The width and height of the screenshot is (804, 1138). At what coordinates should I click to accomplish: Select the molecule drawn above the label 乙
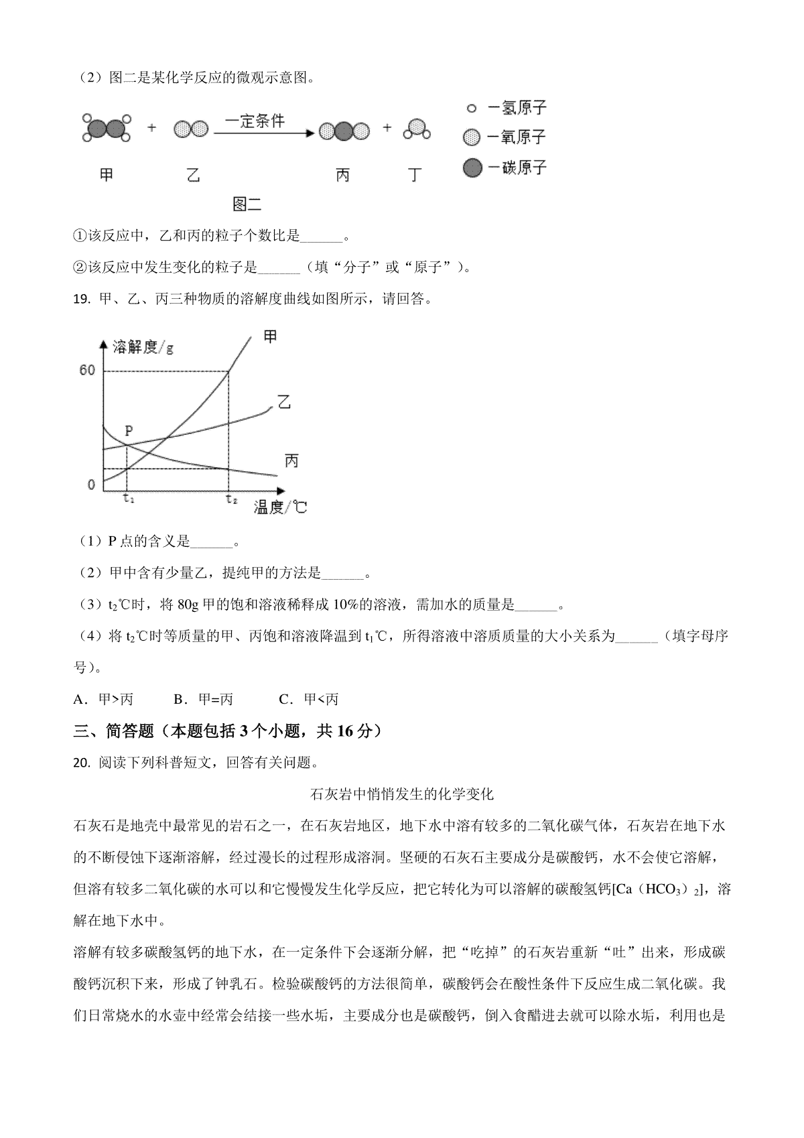coord(191,129)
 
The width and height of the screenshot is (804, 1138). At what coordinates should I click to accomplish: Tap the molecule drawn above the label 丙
coord(343,131)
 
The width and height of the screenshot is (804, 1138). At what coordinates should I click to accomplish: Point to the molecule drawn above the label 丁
coord(416,129)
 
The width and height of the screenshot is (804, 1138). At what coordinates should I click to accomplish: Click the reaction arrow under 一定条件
coord(263,133)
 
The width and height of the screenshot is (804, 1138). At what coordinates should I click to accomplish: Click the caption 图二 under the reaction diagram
coord(246,204)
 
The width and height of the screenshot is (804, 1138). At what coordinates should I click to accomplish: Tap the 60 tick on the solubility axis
coord(88,371)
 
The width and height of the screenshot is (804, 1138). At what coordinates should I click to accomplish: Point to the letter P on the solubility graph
coord(129,431)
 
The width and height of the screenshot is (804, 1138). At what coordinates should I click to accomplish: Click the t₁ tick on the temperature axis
coord(128,499)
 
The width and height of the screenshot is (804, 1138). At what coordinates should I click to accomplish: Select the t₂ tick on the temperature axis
coord(231,499)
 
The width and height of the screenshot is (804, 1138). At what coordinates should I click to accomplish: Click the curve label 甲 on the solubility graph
coord(270,336)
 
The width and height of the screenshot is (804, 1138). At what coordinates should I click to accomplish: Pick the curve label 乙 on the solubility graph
coord(285,403)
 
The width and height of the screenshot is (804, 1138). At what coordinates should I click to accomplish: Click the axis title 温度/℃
coord(280,507)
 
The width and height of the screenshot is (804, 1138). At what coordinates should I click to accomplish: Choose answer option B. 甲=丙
coord(203,700)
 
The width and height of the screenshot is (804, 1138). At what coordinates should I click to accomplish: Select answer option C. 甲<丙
coord(309,700)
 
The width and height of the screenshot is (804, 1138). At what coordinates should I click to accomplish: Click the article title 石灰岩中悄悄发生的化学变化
coord(403,794)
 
